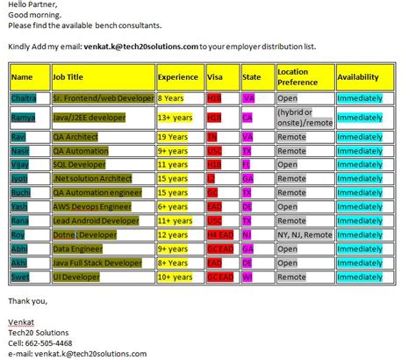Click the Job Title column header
[x=69, y=77]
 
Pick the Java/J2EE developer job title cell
[x=89, y=116]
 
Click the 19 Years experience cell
[x=175, y=137]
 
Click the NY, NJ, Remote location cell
[x=305, y=234]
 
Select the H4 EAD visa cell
[x=221, y=234]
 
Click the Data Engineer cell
[x=78, y=248]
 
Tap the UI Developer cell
[x=75, y=277]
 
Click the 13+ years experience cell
[x=176, y=116]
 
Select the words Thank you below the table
[x=27, y=300]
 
